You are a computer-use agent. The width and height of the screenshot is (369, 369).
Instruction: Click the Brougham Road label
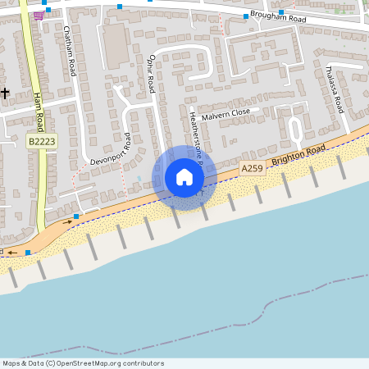coord(278,18)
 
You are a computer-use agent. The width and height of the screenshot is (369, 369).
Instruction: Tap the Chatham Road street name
coord(70,50)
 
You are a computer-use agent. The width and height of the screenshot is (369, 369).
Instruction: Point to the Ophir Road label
coord(151,71)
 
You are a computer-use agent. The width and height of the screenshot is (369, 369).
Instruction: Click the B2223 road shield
coord(43,141)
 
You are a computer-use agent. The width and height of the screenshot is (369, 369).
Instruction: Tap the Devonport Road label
coord(110,153)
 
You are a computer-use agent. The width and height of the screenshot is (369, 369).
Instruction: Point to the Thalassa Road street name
coord(334,89)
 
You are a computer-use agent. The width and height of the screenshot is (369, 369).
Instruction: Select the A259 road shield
coord(252,168)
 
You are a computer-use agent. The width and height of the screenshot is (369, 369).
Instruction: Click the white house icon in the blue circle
coord(184,177)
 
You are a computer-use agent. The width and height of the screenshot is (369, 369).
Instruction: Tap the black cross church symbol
coord(6,93)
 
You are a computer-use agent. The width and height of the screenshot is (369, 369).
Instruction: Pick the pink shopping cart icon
coord(39,15)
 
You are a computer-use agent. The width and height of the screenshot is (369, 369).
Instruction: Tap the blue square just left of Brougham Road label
coord(245,16)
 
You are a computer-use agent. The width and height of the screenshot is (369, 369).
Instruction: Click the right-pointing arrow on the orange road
coord(69,221)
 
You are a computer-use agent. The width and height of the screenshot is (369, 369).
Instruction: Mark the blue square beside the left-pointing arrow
coord(28,253)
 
